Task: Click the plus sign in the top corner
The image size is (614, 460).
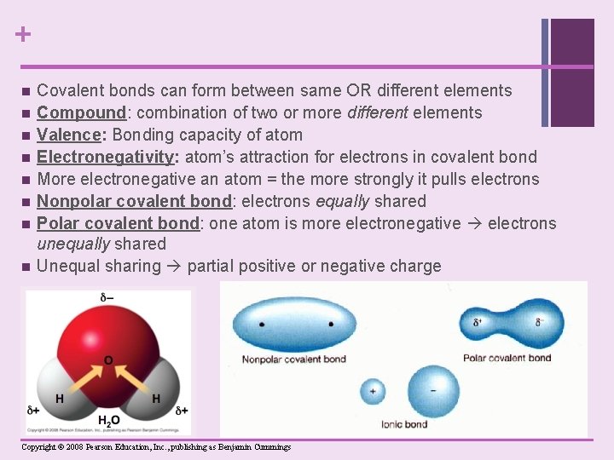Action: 22,35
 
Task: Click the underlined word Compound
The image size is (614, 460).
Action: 81,112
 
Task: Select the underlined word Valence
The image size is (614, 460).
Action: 70,135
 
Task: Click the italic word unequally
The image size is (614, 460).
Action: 72,244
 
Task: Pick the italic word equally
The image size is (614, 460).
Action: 341,201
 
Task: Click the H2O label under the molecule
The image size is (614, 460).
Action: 108,421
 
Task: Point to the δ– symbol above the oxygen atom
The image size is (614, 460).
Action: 108,297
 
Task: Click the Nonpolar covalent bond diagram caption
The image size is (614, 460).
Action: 294,359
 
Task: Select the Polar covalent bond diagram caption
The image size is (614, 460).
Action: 507,359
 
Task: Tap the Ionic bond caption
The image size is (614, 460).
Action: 404,424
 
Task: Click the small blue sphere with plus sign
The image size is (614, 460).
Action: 372,392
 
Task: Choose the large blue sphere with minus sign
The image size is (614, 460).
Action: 434,390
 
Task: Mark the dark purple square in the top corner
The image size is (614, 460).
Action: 572,72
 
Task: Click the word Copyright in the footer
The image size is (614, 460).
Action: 39,447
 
